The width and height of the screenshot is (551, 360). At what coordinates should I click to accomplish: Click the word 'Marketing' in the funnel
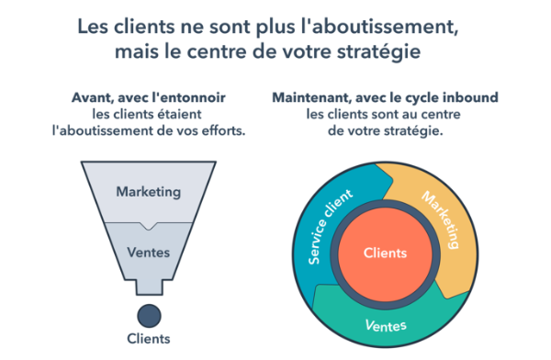[148, 192]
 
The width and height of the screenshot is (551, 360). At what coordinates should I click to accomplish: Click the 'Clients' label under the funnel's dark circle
[148, 340]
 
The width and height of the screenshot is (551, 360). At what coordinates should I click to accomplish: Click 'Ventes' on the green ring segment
[386, 325]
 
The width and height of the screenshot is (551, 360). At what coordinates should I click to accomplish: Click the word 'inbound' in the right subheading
[469, 96]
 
